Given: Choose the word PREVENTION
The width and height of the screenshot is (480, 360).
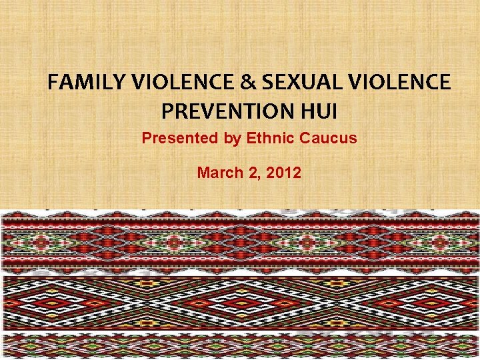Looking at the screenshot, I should coord(226,110).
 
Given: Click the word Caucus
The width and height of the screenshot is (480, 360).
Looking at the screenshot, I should coord(328,139).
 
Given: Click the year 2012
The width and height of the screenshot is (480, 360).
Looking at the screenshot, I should coord(283,173).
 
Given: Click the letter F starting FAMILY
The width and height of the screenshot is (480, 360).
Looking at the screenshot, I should coord(53,83).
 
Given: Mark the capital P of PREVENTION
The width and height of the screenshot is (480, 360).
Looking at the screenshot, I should coord(167,110).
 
